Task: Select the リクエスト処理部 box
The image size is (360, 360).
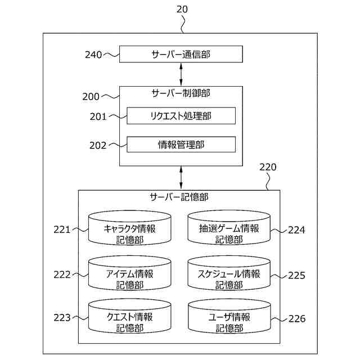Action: (x=181, y=116)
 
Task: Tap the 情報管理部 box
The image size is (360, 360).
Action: (x=181, y=145)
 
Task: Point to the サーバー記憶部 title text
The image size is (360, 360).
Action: (x=179, y=197)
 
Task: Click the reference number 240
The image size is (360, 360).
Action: (x=93, y=55)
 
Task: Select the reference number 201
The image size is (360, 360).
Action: (x=98, y=116)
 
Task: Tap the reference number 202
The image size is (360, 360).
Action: (x=98, y=145)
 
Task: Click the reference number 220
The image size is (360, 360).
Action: (x=268, y=167)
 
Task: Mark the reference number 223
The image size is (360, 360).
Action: (x=62, y=318)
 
